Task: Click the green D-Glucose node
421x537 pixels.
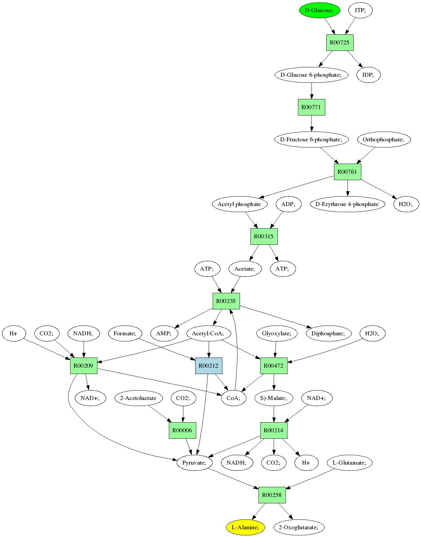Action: click(319, 10)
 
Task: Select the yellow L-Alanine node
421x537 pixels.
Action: click(245, 527)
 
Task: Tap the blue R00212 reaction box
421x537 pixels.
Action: click(209, 366)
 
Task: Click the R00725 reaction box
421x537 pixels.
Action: click(340, 42)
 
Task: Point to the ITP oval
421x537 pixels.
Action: click(360, 10)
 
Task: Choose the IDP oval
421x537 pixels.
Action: click(368, 75)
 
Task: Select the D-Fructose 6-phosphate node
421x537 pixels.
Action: click(311, 139)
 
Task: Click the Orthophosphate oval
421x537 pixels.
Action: click(384, 139)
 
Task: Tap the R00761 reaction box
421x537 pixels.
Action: click(348, 172)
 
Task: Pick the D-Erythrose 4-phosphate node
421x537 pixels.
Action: click(347, 204)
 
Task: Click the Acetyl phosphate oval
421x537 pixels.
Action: click(240, 204)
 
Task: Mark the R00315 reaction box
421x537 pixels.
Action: click(264, 236)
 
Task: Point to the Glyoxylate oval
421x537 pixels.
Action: click(276, 333)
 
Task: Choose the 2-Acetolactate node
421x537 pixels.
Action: click(139, 398)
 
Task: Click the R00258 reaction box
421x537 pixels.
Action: click(272, 495)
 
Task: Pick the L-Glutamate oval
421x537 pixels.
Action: click(350, 463)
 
